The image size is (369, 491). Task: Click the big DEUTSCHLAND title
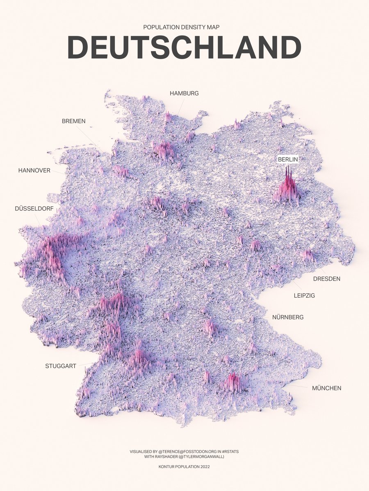click(184, 47)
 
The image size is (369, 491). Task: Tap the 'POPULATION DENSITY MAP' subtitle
click(184, 27)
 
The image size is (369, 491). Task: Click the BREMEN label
click(74, 121)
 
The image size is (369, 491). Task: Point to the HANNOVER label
click(34, 170)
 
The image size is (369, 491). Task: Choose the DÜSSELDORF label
click(34, 208)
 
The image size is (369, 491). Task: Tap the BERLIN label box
click(288, 160)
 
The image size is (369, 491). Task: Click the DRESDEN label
click(326, 279)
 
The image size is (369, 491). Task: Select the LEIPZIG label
click(304, 295)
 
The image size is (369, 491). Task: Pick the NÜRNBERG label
click(288, 317)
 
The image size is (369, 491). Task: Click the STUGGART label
click(61, 366)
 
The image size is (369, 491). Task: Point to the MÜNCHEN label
click(326, 388)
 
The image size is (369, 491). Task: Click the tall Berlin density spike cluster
click(288, 186)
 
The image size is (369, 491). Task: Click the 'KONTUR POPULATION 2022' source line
click(184, 466)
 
